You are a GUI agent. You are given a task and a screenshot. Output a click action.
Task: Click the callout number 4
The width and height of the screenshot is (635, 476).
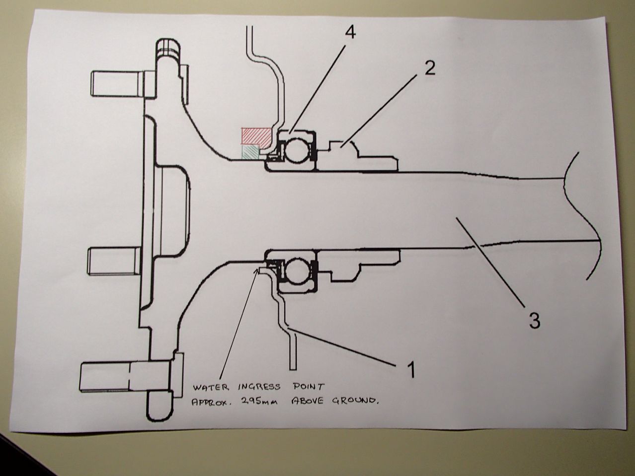[x=350, y=33]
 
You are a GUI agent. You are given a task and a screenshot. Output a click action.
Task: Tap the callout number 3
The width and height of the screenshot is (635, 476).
[x=534, y=321]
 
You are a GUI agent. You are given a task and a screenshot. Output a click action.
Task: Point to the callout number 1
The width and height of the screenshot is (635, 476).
[x=411, y=370]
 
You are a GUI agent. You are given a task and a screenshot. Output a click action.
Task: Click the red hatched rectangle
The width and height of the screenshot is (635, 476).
[x=255, y=135]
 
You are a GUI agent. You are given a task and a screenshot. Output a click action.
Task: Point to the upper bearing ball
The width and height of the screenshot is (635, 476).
[x=296, y=150]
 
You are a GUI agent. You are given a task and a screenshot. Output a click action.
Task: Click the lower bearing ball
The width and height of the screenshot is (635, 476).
[x=296, y=270]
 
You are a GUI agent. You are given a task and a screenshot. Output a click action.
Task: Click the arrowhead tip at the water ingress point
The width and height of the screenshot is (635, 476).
[x=257, y=270]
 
